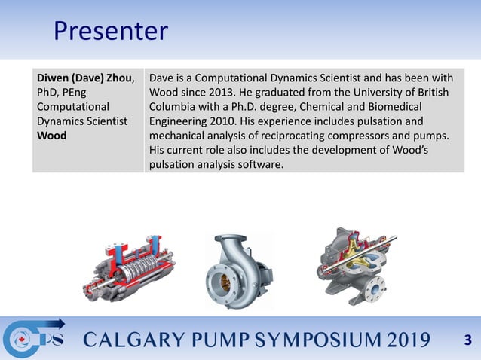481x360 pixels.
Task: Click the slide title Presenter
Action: pos(110,31)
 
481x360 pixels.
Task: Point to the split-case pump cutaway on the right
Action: pos(354,265)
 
